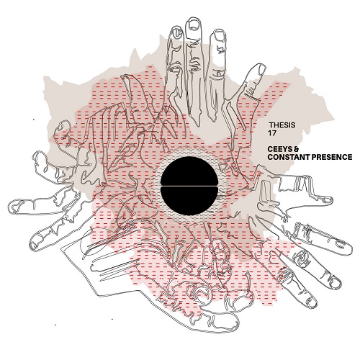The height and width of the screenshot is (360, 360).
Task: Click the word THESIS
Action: [x=282, y=125]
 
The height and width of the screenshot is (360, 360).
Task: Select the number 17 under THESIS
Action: [x=272, y=133]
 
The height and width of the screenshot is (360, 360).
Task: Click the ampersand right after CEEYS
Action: [x=296, y=149]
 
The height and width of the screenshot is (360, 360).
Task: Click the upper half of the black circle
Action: [x=189, y=171]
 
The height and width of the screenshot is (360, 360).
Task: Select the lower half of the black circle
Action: [x=189, y=201]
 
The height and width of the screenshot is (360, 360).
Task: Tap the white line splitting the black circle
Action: [x=189, y=186]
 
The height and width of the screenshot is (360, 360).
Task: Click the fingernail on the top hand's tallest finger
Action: [x=194, y=24]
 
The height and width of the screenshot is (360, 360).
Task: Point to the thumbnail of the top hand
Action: [x=261, y=69]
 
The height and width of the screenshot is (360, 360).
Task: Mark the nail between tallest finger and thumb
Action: [x=219, y=35]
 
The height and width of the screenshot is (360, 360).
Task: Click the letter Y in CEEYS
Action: [x=284, y=149]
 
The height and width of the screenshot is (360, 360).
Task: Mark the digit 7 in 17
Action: [x=274, y=133]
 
